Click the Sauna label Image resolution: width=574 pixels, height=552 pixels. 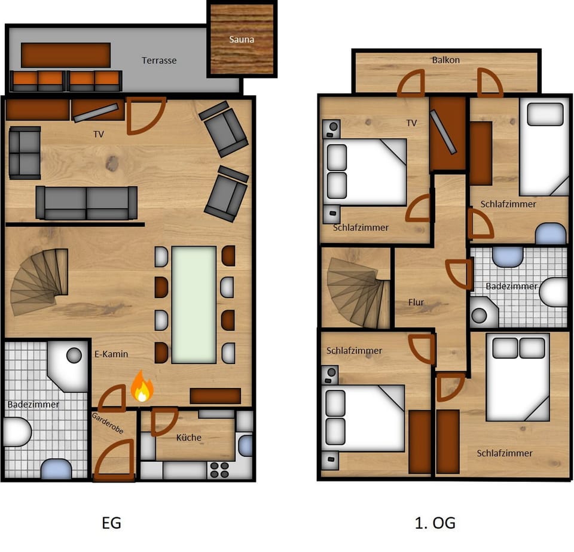(242, 40)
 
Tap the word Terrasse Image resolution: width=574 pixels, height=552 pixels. (159, 60)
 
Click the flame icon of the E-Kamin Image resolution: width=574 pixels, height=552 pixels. (142, 386)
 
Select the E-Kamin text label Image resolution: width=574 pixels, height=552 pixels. (111, 354)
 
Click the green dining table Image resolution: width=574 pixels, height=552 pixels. (194, 305)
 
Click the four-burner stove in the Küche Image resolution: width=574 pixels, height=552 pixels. (219, 470)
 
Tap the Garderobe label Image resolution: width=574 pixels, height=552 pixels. (108, 423)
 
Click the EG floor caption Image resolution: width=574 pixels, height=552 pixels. (111, 523)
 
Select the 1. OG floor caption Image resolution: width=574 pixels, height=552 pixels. (435, 523)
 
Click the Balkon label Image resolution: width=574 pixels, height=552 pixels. (446, 60)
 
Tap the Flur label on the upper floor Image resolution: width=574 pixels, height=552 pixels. (416, 302)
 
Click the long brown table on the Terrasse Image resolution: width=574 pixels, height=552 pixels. (66, 55)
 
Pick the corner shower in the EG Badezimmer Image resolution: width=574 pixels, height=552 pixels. (68, 365)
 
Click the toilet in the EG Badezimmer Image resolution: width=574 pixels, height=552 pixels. (17, 432)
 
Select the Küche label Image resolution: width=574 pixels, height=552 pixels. (189, 438)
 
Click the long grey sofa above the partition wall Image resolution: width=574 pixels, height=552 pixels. (86, 203)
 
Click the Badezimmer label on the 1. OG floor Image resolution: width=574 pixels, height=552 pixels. (512, 286)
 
